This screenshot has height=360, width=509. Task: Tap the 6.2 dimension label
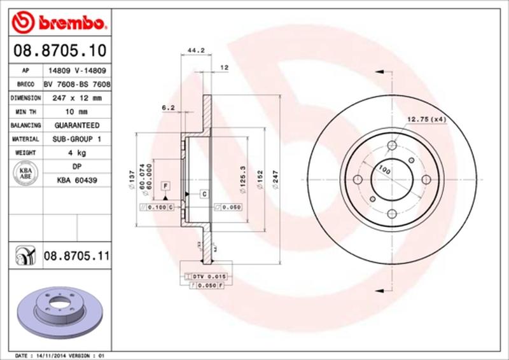click(168, 108)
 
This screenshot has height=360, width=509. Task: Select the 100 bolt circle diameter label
click(384, 169)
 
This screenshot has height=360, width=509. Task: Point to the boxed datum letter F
click(165, 185)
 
